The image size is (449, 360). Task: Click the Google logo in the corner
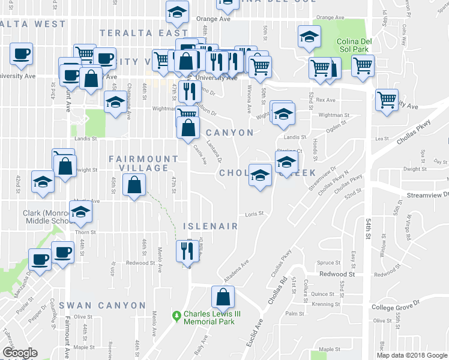19,352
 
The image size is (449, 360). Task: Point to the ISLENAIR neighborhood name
210,226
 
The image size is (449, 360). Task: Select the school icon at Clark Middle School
80,212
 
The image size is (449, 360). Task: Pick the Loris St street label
255,214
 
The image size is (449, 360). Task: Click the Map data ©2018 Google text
411,355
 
